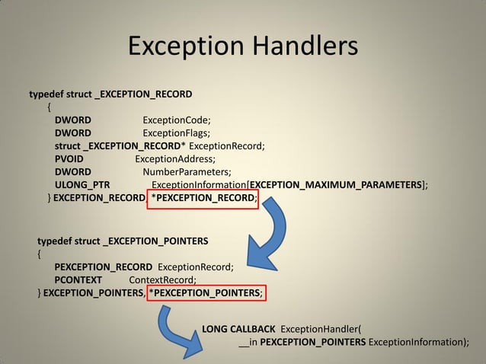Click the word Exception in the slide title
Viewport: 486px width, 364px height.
(182, 47)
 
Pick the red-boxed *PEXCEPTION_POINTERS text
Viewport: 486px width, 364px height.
(207, 293)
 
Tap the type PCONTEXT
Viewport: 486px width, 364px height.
(78, 279)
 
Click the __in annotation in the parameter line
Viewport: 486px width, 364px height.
(248, 342)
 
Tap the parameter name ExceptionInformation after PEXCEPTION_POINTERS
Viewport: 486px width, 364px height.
(418, 342)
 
